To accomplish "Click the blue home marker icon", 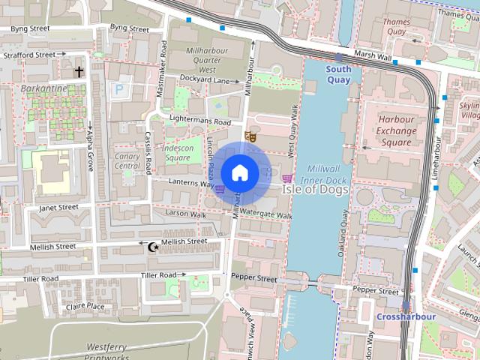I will click(x=239, y=172).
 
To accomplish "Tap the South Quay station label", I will click(x=338, y=74).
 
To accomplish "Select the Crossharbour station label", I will click(x=406, y=316).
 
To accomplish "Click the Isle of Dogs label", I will click(x=316, y=190).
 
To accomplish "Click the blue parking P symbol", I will click(x=118, y=89).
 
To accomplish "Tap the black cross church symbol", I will click(x=79, y=72).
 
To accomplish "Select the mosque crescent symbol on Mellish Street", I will click(x=154, y=245).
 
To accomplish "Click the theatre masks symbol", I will click(x=251, y=136).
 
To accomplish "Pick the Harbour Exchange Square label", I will click(x=397, y=131).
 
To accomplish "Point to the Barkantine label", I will click(x=43, y=88).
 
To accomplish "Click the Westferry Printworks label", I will click(x=110, y=351).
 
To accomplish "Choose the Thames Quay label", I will click(x=396, y=27).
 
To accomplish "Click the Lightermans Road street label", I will click(x=200, y=121).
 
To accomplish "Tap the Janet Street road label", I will click(x=58, y=207).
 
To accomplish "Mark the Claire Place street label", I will click(x=85, y=306).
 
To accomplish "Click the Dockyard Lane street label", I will click(x=204, y=80).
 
